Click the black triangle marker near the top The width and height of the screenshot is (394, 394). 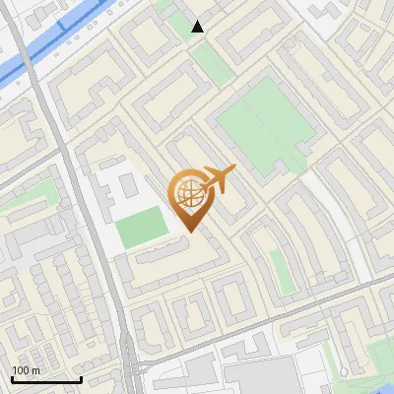click(x=198, y=27)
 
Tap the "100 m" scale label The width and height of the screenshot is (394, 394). click(x=25, y=370)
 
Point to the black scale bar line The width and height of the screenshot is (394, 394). click(x=46, y=379)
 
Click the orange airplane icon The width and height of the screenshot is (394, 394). click(x=218, y=178)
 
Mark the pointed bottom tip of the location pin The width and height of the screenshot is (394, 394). click(x=189, y=232)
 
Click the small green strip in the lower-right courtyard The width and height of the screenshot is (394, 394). click(x=283, y=272)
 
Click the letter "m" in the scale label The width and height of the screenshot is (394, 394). click(x=35, y=370)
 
